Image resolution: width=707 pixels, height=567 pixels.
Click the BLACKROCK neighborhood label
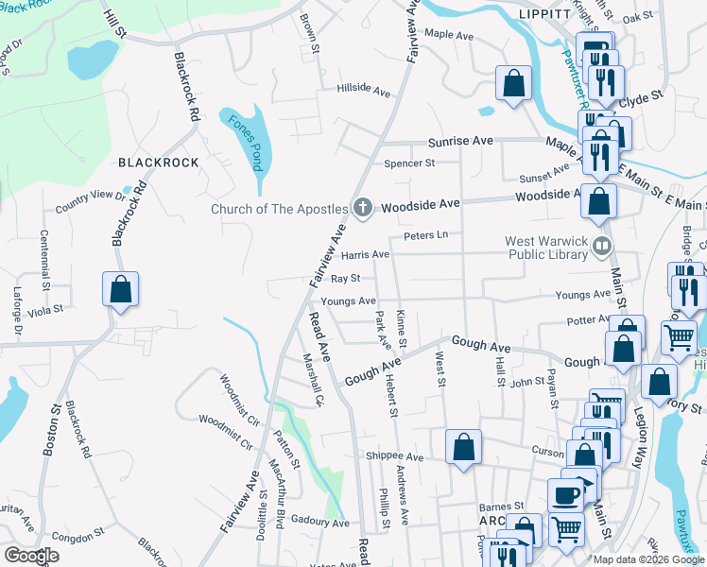coord(159,163)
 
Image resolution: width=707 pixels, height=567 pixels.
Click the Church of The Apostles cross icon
coord(360,207)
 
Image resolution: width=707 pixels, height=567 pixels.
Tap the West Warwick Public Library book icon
coord(601,247)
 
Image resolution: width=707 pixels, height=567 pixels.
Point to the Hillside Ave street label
coord(364,92)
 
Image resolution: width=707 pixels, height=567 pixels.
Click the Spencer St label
coord(408,163)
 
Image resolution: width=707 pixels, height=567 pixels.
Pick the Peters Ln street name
coord(424,234)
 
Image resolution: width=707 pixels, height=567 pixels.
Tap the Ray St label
coord(346,279)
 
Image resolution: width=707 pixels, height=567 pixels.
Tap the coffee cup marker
coord(565,494)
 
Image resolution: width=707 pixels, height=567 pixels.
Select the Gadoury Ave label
coord(320,522)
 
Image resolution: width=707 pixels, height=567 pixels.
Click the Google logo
coord(31,556)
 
